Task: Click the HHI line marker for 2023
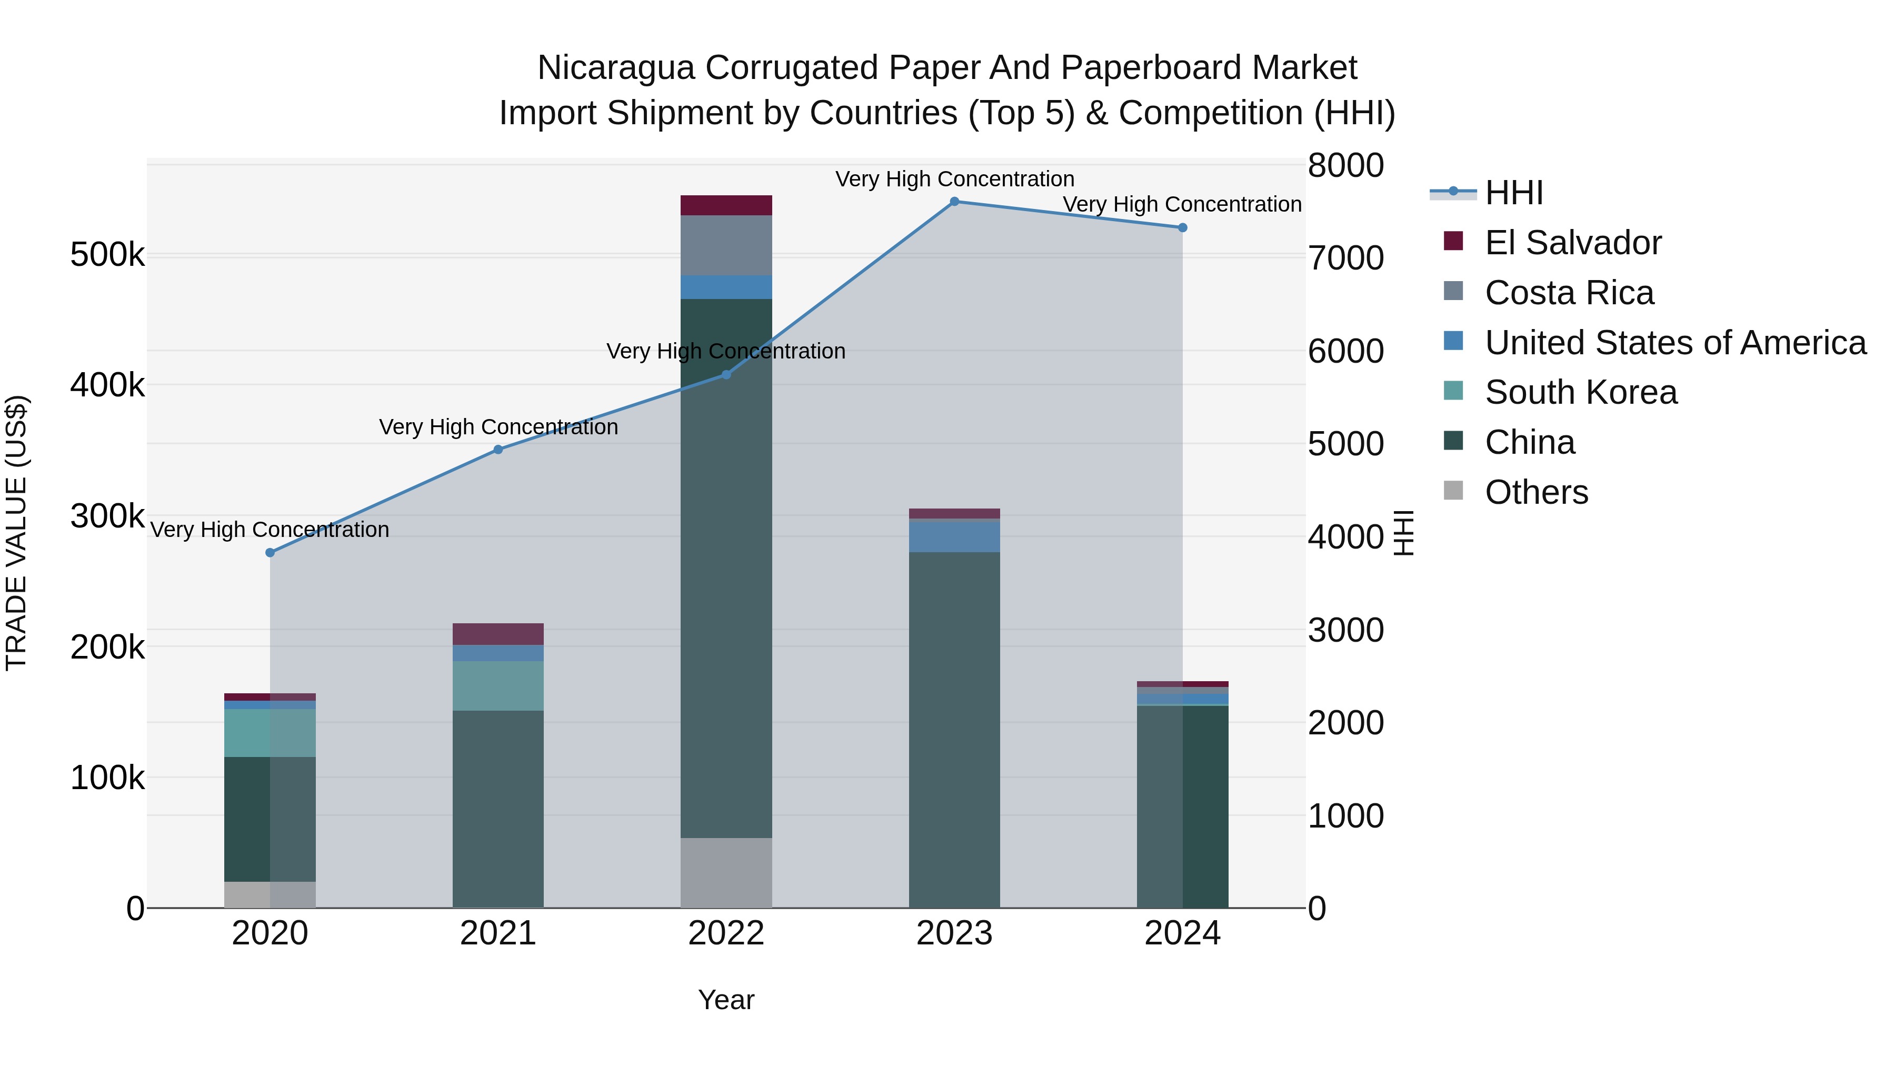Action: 954,202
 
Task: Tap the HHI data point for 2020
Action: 270,553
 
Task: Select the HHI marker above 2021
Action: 498,450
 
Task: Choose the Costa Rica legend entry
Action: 1569,293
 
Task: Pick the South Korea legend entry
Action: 1580,392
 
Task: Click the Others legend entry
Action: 1536,492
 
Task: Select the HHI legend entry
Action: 1513,193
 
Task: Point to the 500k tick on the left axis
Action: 107,255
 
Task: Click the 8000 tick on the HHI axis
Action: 1345,165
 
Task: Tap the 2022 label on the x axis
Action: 726,933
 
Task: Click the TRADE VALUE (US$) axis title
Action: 16,533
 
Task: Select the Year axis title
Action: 726,1000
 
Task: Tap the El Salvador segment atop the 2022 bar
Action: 726,205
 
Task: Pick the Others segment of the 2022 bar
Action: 726,872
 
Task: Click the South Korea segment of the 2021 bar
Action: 498,685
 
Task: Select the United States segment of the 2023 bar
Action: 954,536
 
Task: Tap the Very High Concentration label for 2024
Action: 1182,205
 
